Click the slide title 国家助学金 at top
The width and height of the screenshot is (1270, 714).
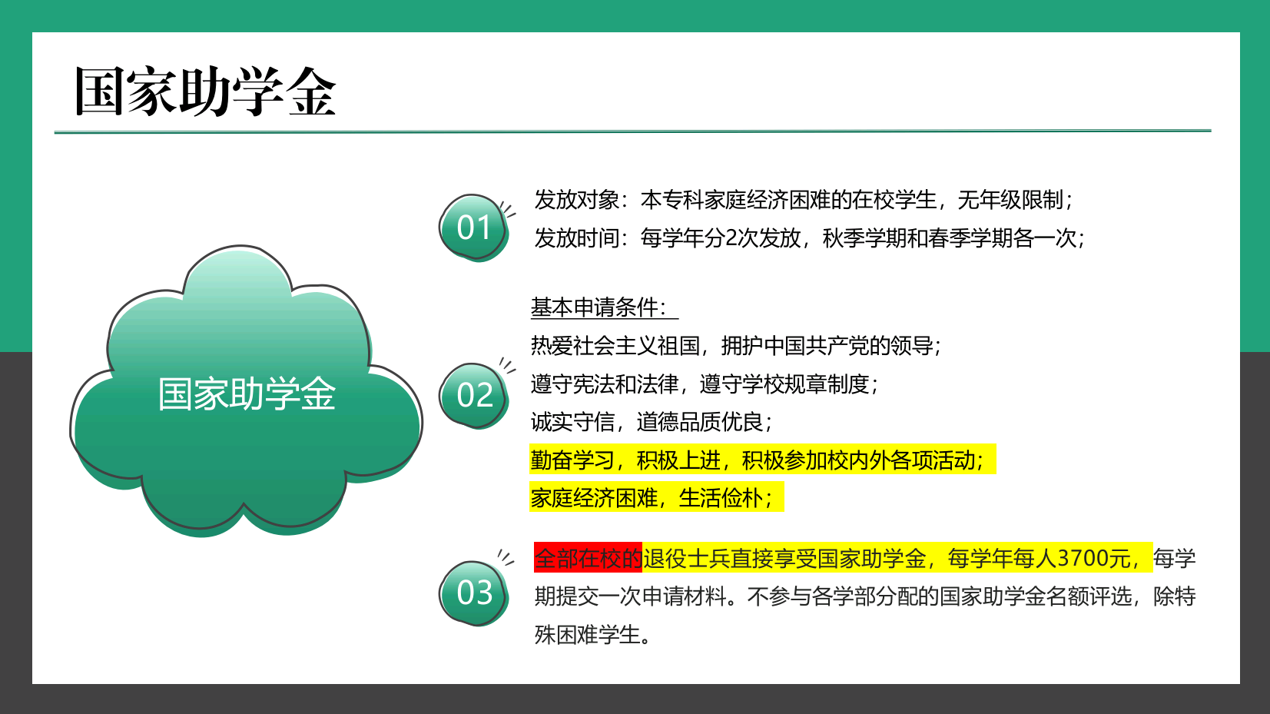(x=204, y=91)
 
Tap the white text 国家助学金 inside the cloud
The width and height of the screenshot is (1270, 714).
(x=247, y=394)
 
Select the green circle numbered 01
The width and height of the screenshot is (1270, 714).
(x=473, y=227)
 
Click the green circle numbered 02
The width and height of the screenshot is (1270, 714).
(x=473, y=395)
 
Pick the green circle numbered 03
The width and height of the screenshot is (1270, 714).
(x=473, y=593)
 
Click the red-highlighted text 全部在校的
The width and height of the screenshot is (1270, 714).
(x=588, y=558)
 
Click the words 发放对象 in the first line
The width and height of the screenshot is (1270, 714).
(x=576, y=200)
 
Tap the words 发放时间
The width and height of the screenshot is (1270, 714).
(x=576, y=237)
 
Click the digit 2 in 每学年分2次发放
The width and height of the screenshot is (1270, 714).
(x=731, y=238)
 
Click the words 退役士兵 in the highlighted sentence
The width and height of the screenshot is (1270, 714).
(x=685, y=558)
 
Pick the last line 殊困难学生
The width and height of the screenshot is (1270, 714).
(x=592, y=635)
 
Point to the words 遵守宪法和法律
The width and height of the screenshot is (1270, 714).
(x=605, y=384)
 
